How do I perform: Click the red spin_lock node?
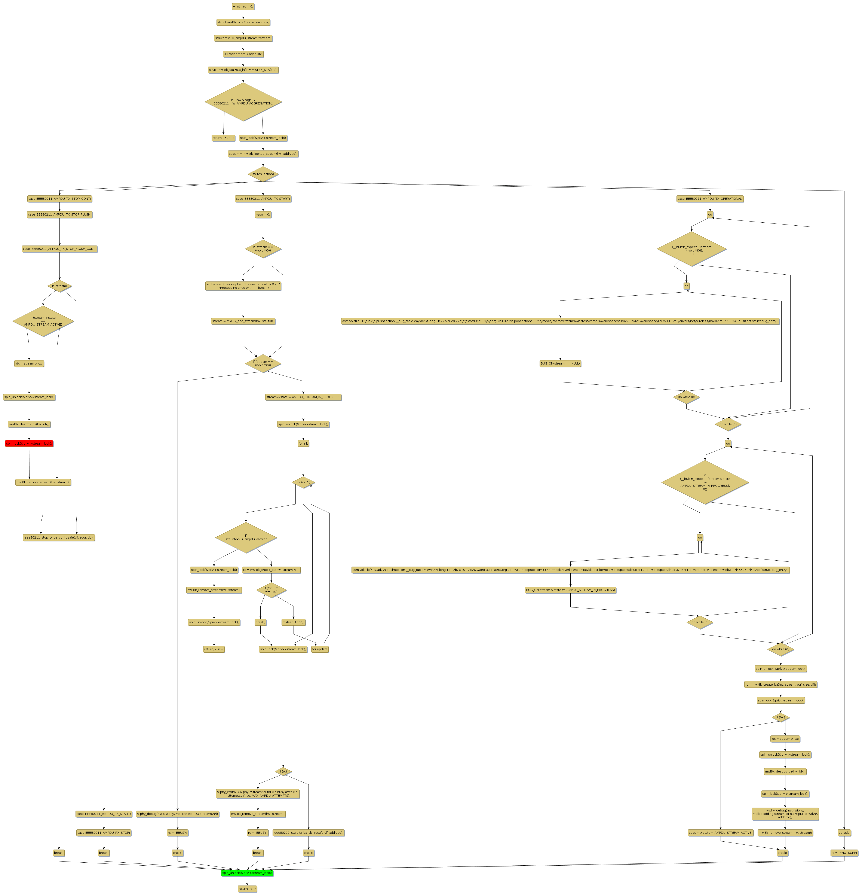coord(29,444)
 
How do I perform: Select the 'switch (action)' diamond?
coord(263,174)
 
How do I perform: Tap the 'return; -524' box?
coord(223,138)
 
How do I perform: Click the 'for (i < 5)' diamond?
coord(303,482)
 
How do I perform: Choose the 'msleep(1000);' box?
coord(293,622)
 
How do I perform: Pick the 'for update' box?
coord(320,649)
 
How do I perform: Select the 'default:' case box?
coord(844,832)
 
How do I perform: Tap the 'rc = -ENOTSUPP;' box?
coord(844,853)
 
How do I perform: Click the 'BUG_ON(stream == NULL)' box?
coord(560,363)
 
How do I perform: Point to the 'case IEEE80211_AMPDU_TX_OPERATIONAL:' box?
coord(710,199)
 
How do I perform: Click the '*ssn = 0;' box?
coord(263,214)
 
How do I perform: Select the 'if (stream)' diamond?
coord(59,286)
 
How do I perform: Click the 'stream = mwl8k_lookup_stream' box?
coord(263,154)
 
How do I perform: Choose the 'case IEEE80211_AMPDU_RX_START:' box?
coord(104,814)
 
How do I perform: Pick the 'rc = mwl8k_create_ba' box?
coord(780,684)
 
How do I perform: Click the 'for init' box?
coord(303,444)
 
